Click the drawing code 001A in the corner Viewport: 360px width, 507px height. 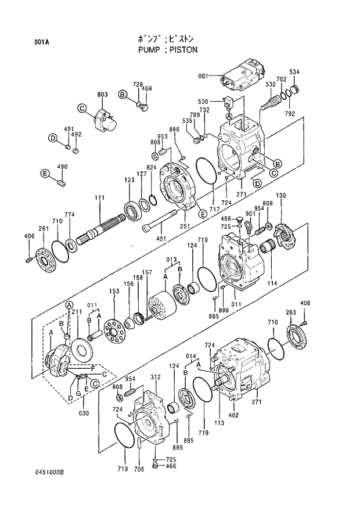coord(41,42)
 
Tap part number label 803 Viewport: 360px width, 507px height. coord(102,94)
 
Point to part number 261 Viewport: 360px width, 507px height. coord(43,228)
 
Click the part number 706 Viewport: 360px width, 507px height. coord(139,469)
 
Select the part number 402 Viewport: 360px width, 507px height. coord(233,415)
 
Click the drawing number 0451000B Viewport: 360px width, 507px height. coord(48,472)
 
